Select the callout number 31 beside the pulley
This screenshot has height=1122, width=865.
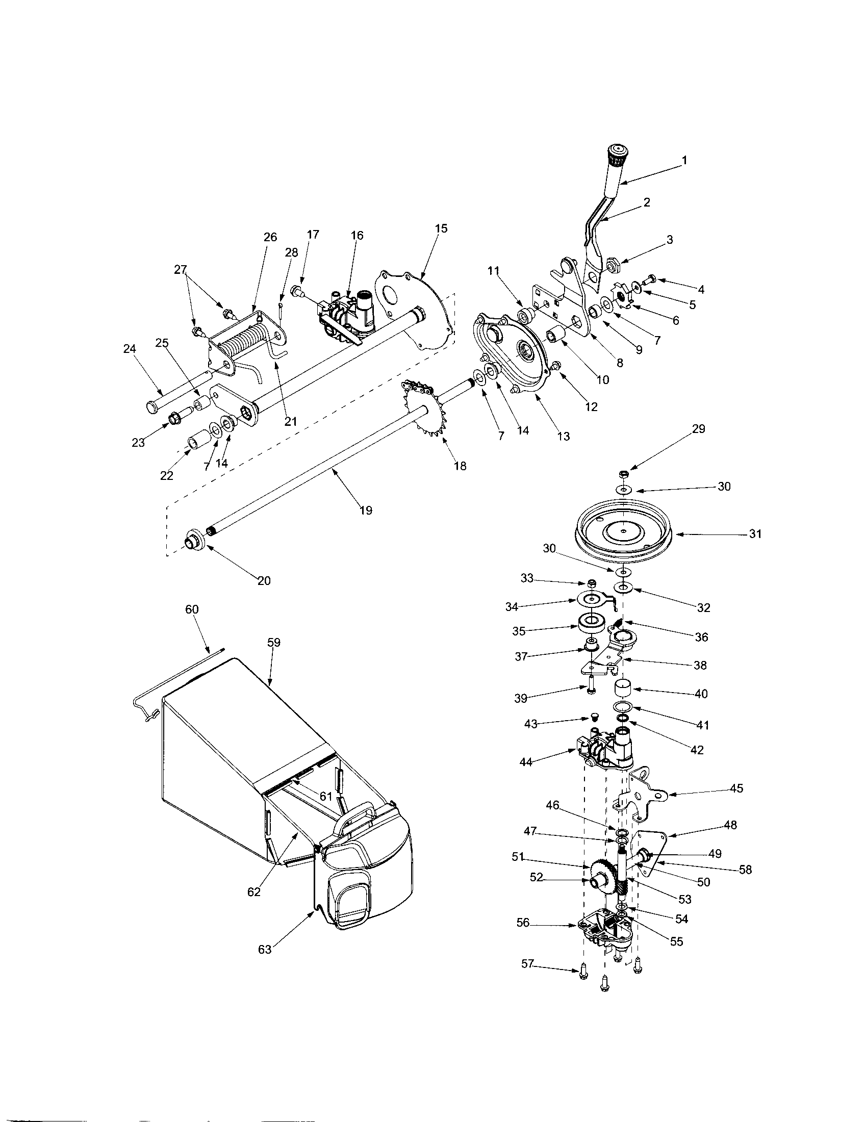pos(754,534)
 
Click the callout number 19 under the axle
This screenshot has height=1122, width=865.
pos(366,510)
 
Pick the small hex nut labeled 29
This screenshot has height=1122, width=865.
pos(623,473)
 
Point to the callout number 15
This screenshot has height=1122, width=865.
pos(441,228)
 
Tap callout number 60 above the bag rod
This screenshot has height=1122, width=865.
pos(192,609)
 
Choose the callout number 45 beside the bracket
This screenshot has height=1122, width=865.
pos(736,788)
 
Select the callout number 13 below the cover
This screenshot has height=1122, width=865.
pos(564,436)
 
